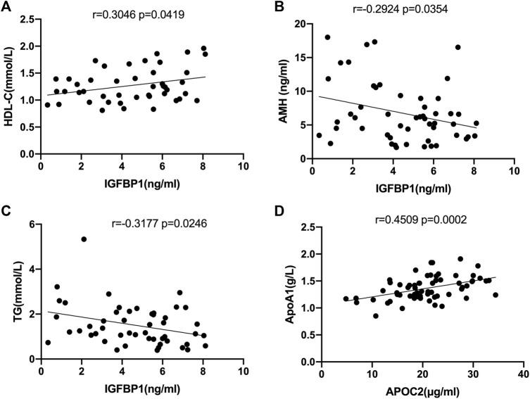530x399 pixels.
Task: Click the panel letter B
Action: pyautogui.click(x=277, y=6)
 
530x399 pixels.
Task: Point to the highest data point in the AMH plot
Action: pyautogui.click(x=327, y=37)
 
